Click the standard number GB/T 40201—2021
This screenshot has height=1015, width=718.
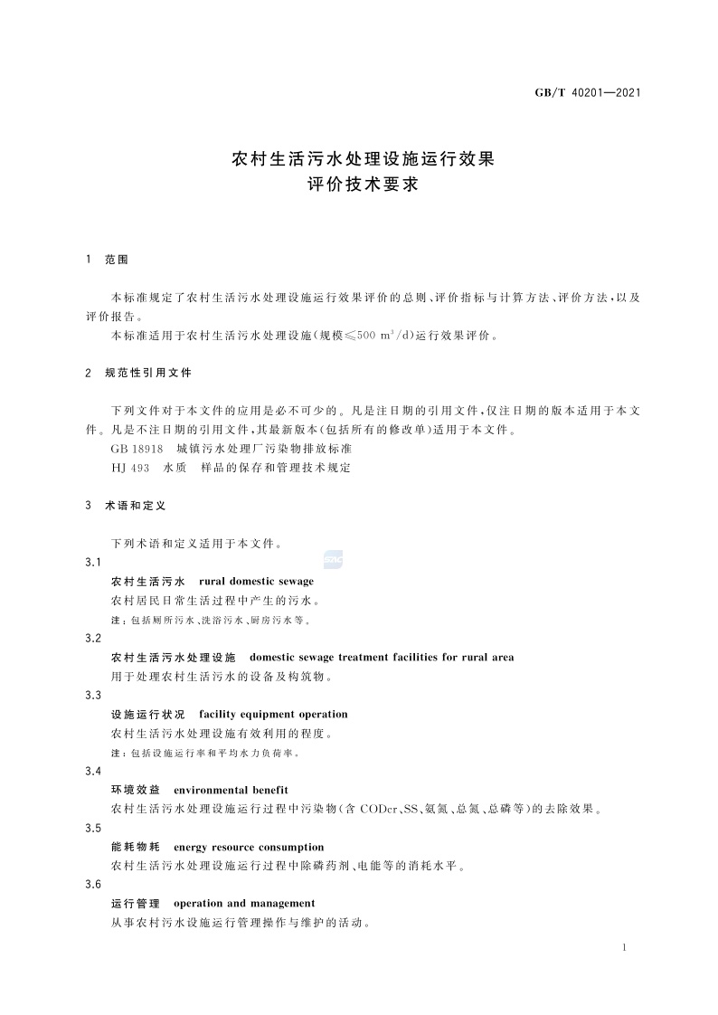(589, 92)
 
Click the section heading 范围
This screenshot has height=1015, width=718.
(118, 260)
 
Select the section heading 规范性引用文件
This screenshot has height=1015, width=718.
(148, 373)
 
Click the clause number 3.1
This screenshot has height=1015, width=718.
(92, 563)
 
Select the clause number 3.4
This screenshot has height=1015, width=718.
(92, 771)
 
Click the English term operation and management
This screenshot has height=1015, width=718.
(244, 903)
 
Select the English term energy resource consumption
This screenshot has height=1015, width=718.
(249, 847)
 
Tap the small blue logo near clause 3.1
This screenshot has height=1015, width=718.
(333, 560)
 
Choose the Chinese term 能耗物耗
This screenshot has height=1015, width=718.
(136, 847)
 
